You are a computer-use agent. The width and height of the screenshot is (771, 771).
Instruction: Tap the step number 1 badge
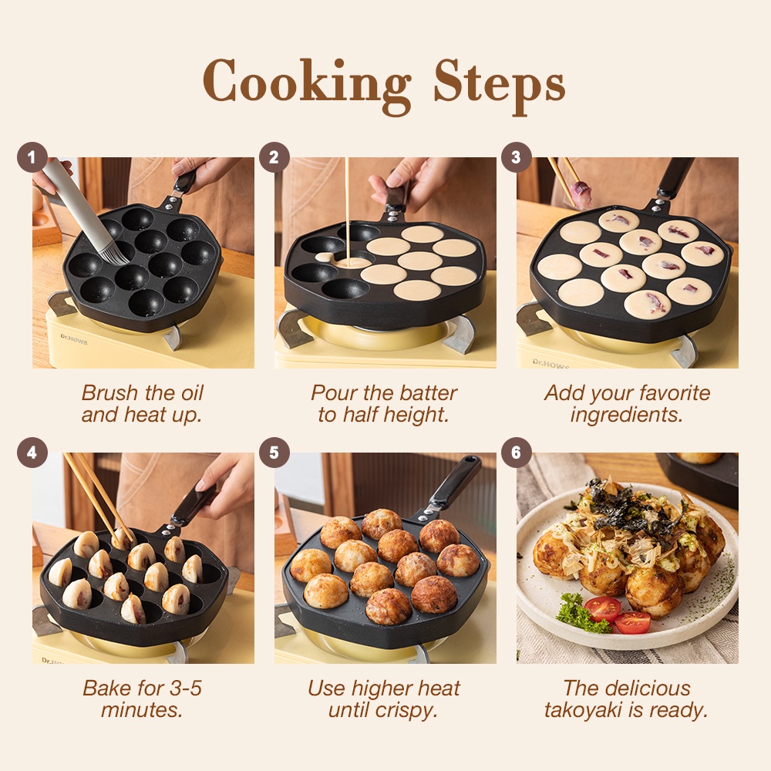point(32,157)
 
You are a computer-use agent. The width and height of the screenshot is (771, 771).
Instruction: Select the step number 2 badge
point(274,157)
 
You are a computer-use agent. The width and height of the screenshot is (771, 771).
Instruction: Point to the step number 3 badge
point(516,157)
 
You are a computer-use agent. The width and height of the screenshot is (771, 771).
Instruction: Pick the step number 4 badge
point(32,453)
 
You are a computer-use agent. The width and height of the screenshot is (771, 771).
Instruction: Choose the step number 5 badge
point(274,453)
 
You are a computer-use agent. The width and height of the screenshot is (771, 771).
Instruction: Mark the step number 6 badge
point(516,453)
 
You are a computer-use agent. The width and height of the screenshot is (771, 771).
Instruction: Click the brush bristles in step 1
point(114,253)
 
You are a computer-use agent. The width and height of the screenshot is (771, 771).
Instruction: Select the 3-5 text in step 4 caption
point(185,689)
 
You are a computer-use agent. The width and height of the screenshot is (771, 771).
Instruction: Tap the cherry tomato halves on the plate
point(618,614)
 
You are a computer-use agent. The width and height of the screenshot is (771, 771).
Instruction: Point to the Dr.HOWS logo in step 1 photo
point(74,339)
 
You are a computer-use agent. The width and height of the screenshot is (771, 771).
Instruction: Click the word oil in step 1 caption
point(192,393)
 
